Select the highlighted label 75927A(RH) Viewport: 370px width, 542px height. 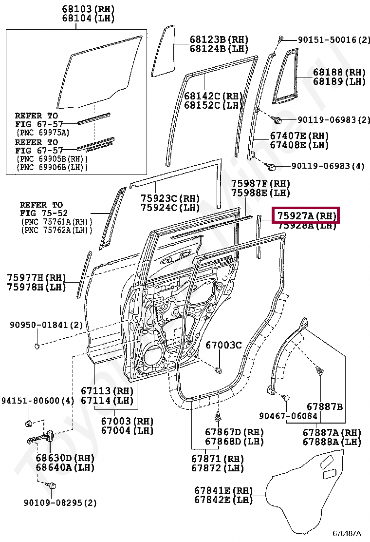click(307, 215)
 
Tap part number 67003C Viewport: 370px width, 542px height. click(223, 345)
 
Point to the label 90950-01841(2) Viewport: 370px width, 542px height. click(47, 325)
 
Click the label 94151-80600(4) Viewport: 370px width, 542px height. click(37, 401)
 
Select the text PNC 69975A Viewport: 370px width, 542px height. click(43, 132)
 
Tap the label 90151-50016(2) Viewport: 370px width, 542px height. click(330, 39)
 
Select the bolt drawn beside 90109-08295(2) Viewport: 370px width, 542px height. click(52, 485)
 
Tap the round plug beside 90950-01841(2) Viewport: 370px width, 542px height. click(37, 346)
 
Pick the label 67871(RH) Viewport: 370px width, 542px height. click(217, 459)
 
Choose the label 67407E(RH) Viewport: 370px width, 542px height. click(299, 135)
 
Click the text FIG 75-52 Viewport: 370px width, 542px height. click(44, 213)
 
